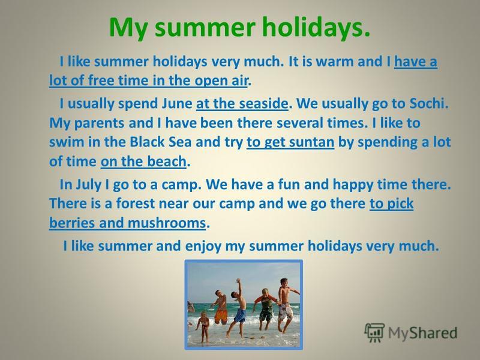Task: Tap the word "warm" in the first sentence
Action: click(x=334, y=62)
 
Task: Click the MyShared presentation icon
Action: click(x=374, y=332)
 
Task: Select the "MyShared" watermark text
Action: click(x=422, y=333)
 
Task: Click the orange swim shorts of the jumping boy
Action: click(x=221, y=316)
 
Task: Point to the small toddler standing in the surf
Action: click(x=203, y=326)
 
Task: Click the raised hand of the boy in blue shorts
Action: click(x=238, y=280)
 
